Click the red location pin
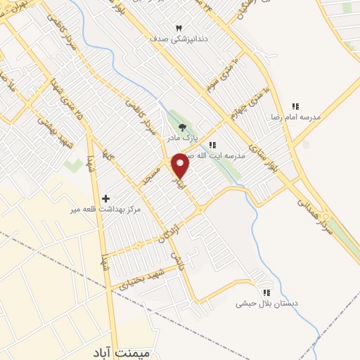(181, 165)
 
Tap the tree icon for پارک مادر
(184, 127)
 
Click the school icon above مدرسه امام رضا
(296, 106)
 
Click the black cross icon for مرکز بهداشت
(106, 199)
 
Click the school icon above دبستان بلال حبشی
(266, 292)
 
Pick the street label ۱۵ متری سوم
(222, 79)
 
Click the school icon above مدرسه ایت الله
(212, 144)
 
